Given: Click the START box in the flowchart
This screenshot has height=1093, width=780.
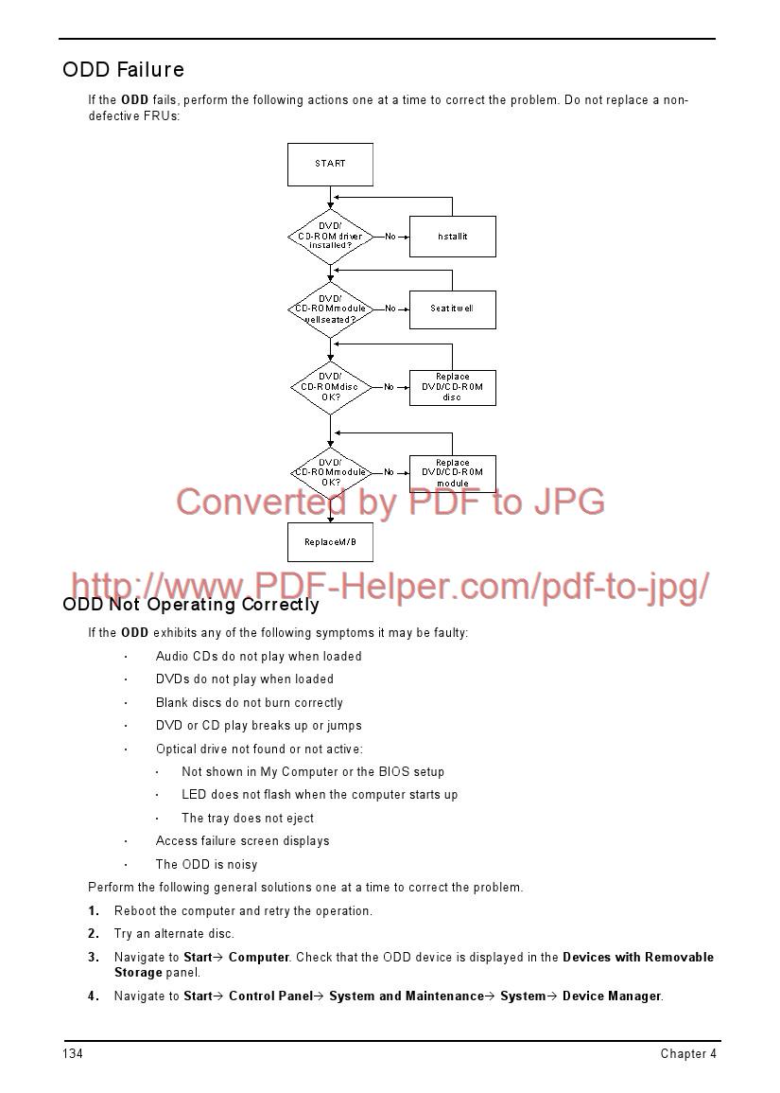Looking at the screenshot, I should [330, 164].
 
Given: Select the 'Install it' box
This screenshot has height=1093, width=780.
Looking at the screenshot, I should [452, 237].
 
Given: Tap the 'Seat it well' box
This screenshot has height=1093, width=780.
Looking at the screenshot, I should [452, 309].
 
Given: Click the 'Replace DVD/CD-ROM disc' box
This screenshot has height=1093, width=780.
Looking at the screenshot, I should [452, 387].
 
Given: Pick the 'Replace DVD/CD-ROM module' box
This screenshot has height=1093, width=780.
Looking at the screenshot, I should [452, 473].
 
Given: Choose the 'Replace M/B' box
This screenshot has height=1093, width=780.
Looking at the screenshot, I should [330, 542].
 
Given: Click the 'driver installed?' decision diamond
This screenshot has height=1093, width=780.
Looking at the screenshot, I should [330, 237].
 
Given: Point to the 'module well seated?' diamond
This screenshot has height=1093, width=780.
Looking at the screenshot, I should [330, 309].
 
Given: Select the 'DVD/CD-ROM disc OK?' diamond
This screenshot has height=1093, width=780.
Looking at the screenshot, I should [330, 387].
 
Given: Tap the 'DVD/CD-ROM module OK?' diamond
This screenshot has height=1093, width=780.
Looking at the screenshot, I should [330, 472].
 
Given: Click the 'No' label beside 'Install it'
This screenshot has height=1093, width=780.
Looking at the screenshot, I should [390, 237].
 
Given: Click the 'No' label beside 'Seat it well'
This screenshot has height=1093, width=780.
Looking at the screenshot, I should [390, 309].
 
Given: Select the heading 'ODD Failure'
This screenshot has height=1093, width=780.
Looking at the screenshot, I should [123, 70].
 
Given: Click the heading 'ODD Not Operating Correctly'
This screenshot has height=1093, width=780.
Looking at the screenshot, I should [191, 605].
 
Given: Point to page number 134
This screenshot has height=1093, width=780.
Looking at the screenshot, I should [73, 1054].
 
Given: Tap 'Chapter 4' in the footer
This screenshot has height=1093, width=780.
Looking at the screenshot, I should [688, 1054].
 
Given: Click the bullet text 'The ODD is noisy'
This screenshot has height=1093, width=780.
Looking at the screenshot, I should [206, 864].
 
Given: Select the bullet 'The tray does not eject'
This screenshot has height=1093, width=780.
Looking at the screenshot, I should [248, 818].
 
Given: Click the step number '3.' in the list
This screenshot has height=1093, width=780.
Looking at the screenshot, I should [94, 957].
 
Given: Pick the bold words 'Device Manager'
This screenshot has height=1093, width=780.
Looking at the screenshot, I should [611, 996].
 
